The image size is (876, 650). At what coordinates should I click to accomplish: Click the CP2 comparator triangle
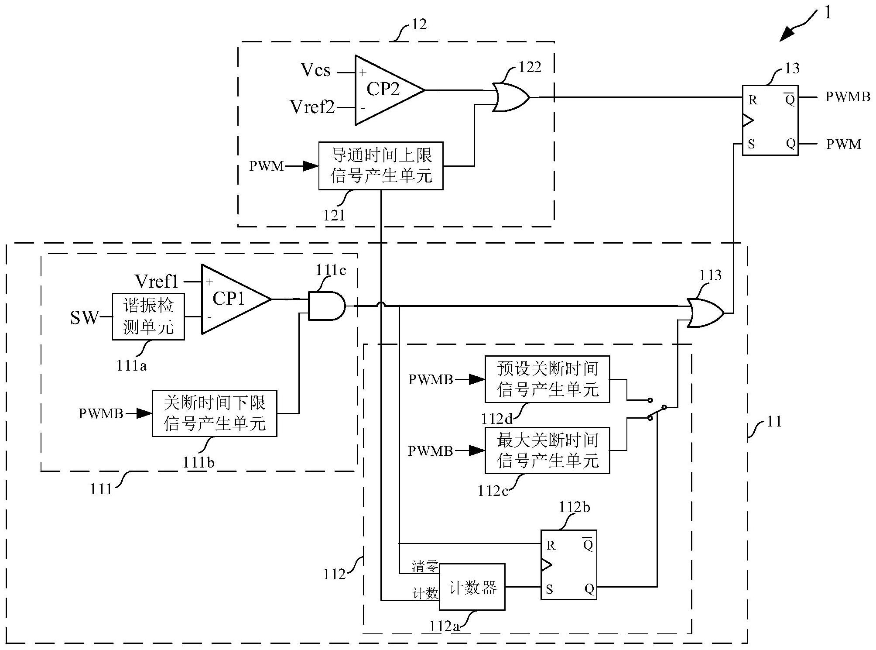[x=384, y=89]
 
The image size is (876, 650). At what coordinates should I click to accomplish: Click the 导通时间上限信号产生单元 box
[x=381, y=166]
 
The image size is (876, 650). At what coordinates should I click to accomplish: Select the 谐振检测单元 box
[x=148, y=316]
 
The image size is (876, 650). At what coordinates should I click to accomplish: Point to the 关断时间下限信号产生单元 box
[x=214, y=413]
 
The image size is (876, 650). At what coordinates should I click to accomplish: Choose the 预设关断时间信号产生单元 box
[x=547, y=379]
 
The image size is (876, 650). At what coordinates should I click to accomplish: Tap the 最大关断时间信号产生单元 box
[x=547, y=451]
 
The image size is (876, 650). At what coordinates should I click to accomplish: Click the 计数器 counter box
[x=472, y=586]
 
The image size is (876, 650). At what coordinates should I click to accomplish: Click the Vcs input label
[x=315, y=70]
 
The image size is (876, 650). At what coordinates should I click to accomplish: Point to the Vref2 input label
[x=312, y=107]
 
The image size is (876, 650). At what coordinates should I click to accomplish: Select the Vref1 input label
[x=157, y=282]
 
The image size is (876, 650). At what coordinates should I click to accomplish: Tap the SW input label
[x=84, y=317]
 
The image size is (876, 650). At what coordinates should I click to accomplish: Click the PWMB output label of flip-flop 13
[x=848, y=97]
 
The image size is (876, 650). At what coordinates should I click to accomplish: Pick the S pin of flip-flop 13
[x=751, y=144]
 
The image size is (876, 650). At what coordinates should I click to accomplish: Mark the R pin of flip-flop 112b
[x=551, y=545]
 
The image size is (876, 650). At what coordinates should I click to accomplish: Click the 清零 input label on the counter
[x=425, y=567]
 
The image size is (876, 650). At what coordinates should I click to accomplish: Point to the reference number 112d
[x=497, y=419]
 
